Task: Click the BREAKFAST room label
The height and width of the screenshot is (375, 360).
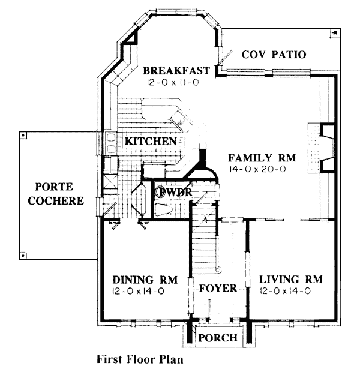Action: (176, 71)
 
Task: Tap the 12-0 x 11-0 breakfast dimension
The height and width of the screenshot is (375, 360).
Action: (173, 83)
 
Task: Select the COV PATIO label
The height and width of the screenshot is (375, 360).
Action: (274, 55)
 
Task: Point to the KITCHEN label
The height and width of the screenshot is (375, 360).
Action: (151, 142)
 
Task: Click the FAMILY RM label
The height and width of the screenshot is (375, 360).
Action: (262, 158)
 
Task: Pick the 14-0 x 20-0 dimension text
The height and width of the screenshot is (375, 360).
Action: (257, 169)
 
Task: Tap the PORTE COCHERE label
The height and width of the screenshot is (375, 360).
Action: (55, 194)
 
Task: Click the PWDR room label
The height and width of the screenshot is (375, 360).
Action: (176, 192)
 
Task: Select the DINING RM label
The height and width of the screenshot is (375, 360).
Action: (145, 280)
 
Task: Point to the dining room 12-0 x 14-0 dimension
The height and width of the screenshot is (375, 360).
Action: (138, 291)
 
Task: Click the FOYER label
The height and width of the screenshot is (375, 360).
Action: (218, 289)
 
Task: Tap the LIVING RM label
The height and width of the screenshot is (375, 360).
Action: (291, 280)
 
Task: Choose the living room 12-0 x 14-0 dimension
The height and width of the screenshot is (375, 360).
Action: (285, 291)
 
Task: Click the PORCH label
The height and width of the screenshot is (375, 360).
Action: (218, 338)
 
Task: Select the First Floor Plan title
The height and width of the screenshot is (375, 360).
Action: (140, 359)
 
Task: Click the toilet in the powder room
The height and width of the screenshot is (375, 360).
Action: (163, 209)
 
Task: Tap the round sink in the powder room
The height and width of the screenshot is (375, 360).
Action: (161, 192)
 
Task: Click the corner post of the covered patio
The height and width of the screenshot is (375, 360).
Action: (335, 32)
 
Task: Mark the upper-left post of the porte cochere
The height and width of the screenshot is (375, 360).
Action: (23, 136)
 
